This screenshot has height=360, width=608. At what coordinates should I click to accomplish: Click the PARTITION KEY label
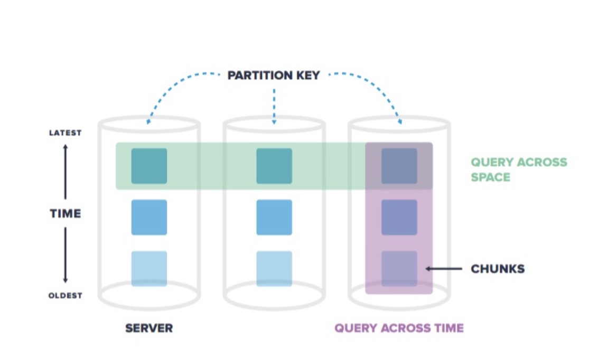point(274,75)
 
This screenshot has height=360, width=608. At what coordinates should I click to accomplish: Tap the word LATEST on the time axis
point(66,133)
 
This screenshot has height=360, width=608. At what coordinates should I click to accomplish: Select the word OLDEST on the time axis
point(66,296)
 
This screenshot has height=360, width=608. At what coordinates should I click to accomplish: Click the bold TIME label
point(66,214)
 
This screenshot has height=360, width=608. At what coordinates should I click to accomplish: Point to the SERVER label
point(149,328)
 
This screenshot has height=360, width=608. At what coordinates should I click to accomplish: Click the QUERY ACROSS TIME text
point(399,328)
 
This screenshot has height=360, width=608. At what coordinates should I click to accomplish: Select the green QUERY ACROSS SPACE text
point(519,169)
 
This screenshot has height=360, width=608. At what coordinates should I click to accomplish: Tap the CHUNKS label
point(498,269)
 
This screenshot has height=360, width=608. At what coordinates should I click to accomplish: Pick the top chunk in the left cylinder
point(149,166)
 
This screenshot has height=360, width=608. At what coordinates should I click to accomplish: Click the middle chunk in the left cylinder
point(149,217)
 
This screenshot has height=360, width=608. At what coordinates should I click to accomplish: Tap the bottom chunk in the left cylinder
point(149,269)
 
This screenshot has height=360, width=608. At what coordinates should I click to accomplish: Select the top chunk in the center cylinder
point(274,166)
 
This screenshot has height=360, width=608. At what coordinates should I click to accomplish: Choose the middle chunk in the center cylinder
point(274,217)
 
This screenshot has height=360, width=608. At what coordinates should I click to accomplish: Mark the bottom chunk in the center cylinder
point(274,269)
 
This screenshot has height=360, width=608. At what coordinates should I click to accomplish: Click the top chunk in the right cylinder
point(399,166)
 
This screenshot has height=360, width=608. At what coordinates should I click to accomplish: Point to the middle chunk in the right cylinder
point(399,217)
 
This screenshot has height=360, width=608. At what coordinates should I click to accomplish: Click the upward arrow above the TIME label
point(66,172)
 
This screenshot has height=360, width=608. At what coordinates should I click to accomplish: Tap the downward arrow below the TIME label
point(66,256)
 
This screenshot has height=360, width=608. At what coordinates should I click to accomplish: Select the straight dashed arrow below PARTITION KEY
point(274,106)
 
